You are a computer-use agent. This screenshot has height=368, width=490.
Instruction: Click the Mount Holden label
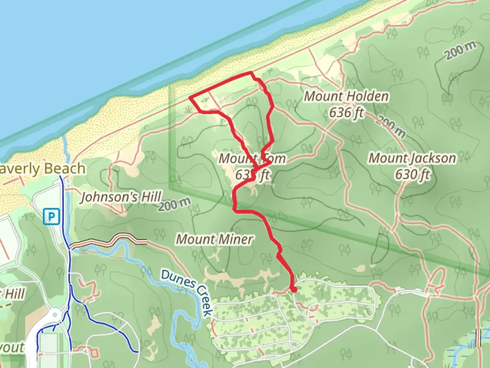[346, 96]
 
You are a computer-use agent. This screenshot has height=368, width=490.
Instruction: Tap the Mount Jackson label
[412, 158]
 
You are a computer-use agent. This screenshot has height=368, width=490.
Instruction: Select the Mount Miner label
[214, 239]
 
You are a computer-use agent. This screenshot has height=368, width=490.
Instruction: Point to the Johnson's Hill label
[121, 197]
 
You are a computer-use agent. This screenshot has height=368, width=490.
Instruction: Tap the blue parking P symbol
[51, 216]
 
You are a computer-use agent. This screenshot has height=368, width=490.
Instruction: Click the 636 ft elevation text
[346, 112]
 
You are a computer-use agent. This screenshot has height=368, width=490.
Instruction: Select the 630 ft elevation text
[412, 174]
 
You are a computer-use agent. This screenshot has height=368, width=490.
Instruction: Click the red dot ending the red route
[294, 290]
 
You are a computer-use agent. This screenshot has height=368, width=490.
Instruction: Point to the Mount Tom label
[252, 158]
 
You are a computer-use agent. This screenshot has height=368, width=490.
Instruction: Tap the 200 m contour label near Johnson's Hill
[174, 204]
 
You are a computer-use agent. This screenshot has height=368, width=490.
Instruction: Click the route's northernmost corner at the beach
[251, 72]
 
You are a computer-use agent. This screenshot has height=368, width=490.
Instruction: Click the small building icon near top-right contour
[447, 98]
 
